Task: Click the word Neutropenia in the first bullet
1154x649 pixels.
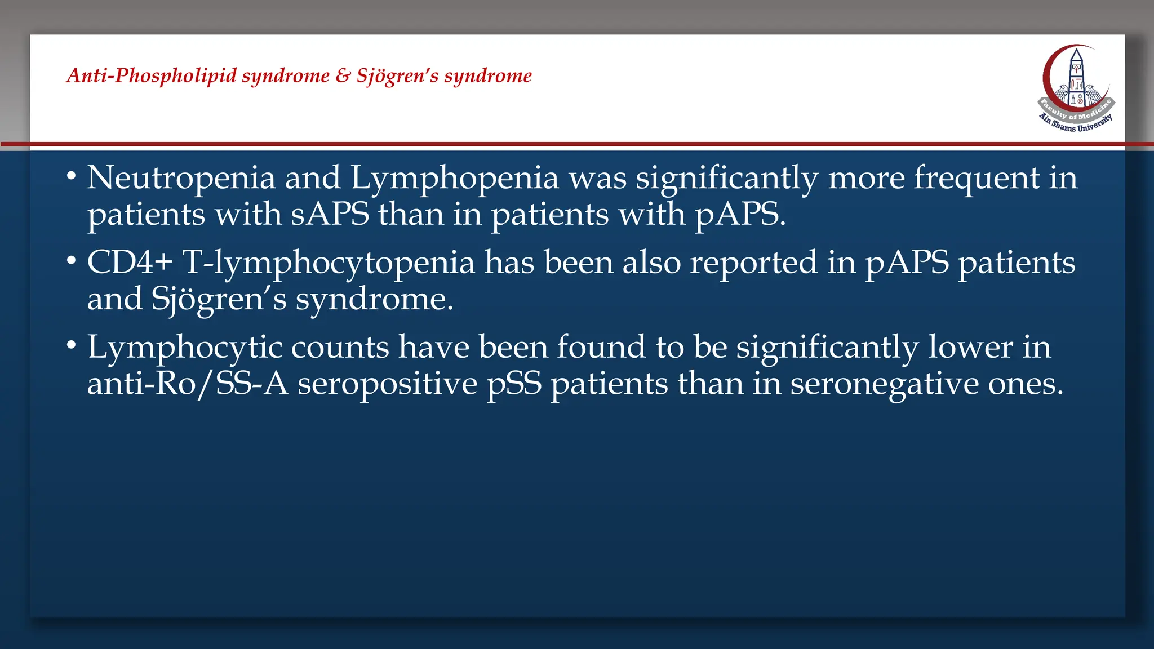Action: (x=181, y=178)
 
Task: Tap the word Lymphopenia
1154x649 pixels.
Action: (x=454, y=179)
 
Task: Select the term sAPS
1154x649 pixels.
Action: (x=330, y=215)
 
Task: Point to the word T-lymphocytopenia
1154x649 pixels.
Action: (x=329, y=264)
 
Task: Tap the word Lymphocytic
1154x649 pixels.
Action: (x=184, y=348)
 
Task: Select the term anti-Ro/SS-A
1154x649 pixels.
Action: (x=187, y=384)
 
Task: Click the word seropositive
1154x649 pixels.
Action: (x=387, y=384)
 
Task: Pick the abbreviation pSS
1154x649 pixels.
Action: (x=514, y=385)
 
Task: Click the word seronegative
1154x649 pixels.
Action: (x=884, y=385)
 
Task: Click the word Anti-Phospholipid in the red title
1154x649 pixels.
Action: (x=151, y=75)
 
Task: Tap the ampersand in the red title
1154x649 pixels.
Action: (x=343, y=75)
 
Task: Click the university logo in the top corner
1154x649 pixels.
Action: (x=1076, y=88)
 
